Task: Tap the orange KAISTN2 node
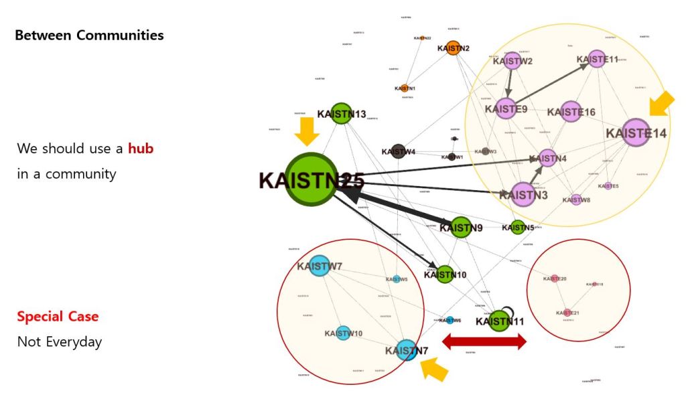coord(453,48)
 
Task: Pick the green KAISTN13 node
coord(341,114)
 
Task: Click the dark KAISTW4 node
coord(398,151)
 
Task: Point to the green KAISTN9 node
coord(461,228)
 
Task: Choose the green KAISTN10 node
coord(445,274)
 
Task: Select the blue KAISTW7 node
coord(320,266)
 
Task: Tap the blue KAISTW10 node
coord(343,333)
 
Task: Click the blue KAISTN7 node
coord(407,350)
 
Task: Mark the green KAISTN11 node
coord(498,321)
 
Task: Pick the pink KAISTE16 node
coord(571,112)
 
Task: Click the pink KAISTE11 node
coord(597,59)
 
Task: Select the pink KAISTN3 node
coord(523,195)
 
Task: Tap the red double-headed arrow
coord(484,342)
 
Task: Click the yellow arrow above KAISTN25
coord(307,131)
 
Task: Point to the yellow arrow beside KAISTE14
coord(662,105)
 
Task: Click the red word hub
coord(141,148)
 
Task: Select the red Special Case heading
coord(58,317)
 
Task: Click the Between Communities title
coord(89,35)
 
